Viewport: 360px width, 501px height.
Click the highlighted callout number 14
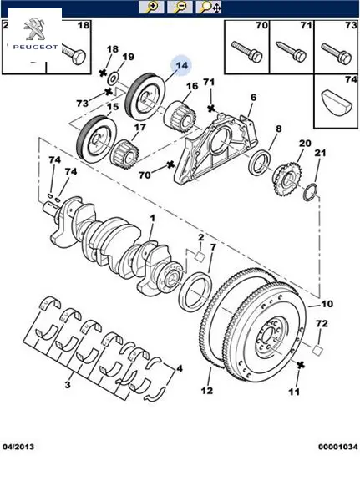(x=181, y=66)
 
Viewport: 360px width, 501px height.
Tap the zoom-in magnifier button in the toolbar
(x=151, y=8)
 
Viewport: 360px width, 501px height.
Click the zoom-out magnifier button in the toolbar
(x=180, y=8)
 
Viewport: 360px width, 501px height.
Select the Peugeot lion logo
(x=34, y=29)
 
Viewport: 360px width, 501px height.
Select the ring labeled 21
(x=311, y=193)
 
